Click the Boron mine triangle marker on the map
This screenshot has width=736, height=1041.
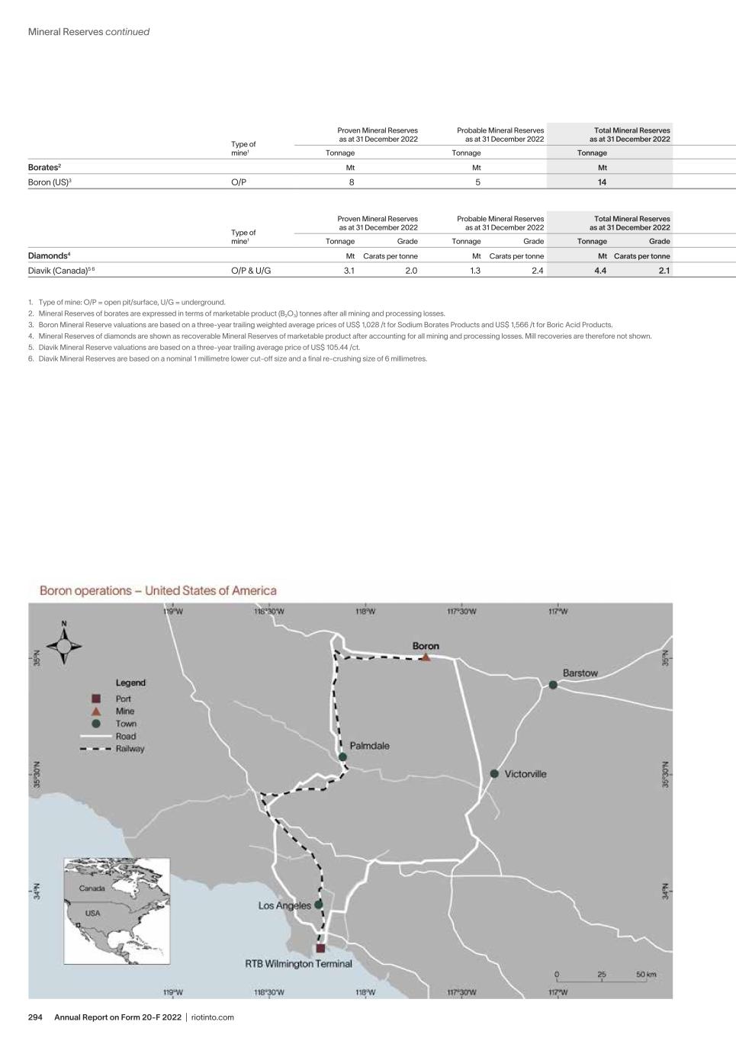[x=426, y=657]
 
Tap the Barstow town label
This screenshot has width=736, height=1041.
[x=580, y=673]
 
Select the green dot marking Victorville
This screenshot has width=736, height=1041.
[x=494, y=774]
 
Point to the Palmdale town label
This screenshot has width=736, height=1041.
[x=369, y=746]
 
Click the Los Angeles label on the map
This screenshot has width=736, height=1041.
[x=284, y=905]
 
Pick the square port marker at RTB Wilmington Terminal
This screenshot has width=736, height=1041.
[x=320, y=948]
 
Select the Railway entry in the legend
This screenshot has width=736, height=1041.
[x=130, y=749]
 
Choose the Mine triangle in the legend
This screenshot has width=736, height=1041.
[x=97, y=711]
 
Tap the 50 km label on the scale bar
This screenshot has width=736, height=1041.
[x=646, y=975]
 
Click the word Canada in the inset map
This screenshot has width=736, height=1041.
[x=92, y=888]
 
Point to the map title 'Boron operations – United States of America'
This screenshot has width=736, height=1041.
[x=158, y=590]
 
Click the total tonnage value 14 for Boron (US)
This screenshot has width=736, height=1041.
[x=602, y=182]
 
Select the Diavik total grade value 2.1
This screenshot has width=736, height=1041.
[x=664, y=271]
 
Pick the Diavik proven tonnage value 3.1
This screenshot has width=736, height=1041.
[x=349, y=271]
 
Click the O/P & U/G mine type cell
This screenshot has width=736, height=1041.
[x=251, y=271]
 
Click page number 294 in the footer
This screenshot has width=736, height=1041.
[x=36, y=1017]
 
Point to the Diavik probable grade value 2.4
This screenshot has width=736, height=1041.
[x=538, y=271]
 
